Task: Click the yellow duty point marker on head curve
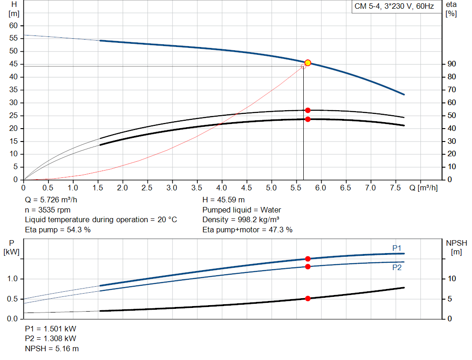point(308,63)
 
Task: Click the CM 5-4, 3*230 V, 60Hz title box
point(394,6)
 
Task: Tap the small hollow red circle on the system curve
point(303,66)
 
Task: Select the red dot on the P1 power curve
point(308,259)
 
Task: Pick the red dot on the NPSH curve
point(308,299)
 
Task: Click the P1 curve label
point(396,248)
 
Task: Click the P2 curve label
point(396,267)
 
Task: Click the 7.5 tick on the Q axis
point(395,188)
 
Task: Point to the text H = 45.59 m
point(224,200)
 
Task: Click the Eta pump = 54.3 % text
point(58,230)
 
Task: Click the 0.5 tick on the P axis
point(13,299)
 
